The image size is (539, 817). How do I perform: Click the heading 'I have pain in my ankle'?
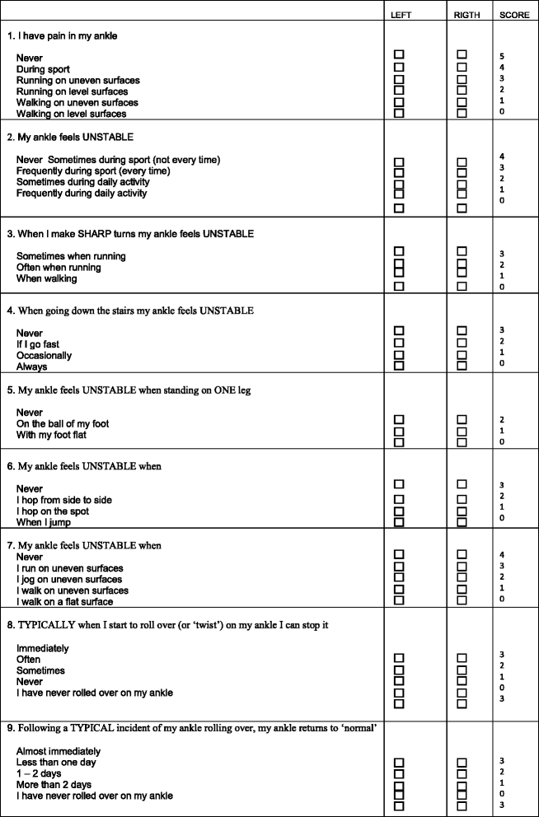point(66,36)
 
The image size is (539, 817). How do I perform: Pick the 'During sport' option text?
point(43,69)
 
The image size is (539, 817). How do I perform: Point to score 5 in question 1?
point(502,55)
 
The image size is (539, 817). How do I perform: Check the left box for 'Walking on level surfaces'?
point(400,114)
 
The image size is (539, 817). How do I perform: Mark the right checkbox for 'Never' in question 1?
point(462,54)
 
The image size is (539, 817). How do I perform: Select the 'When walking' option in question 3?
point(47,278)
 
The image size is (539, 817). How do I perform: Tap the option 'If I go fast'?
point(38,344)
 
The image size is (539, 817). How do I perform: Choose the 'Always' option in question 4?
point(31,367)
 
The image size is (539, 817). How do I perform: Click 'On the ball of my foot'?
point(63,423)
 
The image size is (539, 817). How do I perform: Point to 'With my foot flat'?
point(51,435)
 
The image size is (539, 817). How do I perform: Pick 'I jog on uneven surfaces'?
point(70,579)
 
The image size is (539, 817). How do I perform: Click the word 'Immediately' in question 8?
point(43,648)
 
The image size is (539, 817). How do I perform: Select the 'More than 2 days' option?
point(54,785)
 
